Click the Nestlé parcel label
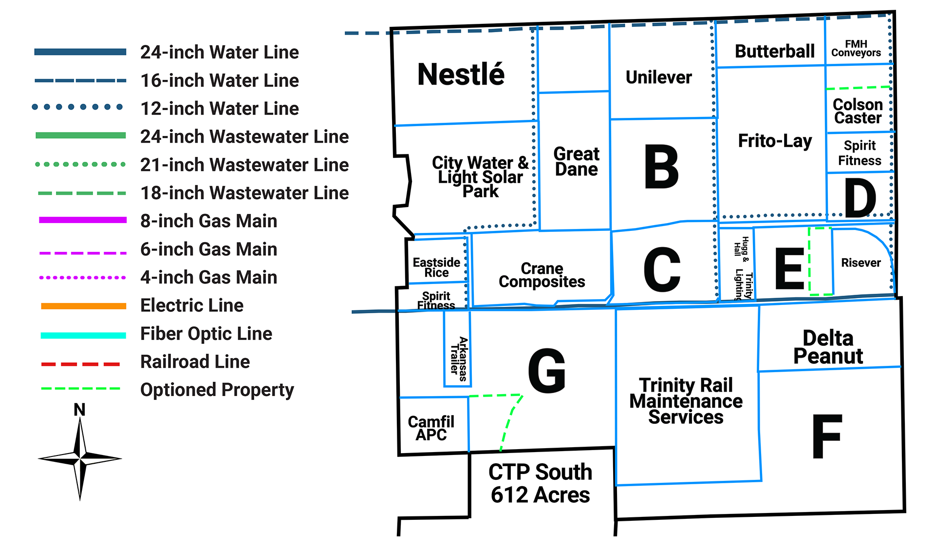(x=461, y=75)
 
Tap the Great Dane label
(x=576, y=162)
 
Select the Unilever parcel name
(x=658, y=77)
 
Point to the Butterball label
(x=774, y=51)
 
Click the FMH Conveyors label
(x=856, y=49)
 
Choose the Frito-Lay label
(x=775, y=141)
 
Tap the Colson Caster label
(x=858, y=111)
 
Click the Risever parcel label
(x=860, y=263)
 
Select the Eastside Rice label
(x=436, y=267)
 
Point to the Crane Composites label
(x=542, y=275)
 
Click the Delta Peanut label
(x=828, y=347)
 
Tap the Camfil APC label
(x=431, y=428)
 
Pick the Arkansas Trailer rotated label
(x=459, y=359)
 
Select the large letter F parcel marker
(x=827, y=436)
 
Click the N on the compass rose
(x=79, y=410)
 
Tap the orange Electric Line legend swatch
(x=83, y=306)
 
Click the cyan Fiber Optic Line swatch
(x=83, y=335)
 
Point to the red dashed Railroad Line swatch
(x=81, y=364)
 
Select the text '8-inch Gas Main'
(x=208, y=221)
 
